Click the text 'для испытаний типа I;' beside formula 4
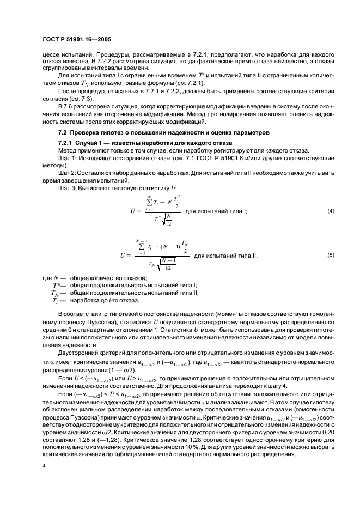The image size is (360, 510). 216,211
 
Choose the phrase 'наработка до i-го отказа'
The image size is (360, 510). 102,300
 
